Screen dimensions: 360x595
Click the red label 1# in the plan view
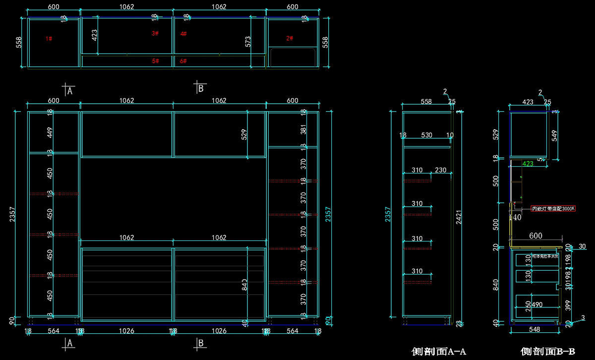pos(49,38)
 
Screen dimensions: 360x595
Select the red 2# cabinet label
pos(290,38)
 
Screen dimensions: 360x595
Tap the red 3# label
pos(155,33)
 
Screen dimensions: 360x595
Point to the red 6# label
pos(183,61)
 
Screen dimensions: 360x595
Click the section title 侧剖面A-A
pos(439,351)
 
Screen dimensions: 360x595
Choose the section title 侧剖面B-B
pos(548,351)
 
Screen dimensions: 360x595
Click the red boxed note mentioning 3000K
pos(553,209)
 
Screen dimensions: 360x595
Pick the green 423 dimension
pos(528,164)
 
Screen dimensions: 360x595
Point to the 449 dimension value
pos(50,133)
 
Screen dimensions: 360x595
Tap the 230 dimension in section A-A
pos(440,170)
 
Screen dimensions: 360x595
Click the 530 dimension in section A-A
pos(426,135)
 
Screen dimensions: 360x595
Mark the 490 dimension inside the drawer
pos(537,304)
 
